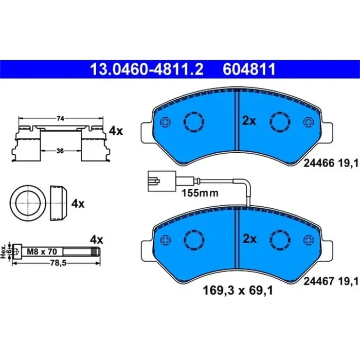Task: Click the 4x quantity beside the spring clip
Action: [116, 131]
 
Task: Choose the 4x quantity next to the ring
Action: [78, 204]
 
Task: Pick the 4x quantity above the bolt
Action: [97, 240]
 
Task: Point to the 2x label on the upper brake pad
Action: [249, 121]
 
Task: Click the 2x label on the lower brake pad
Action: [249, 239]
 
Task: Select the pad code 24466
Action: [317, 163]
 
